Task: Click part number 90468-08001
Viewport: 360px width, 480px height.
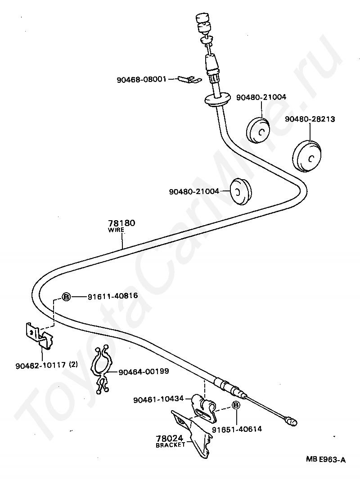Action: click(141, 79)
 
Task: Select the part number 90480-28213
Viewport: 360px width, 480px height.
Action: click(310, 119)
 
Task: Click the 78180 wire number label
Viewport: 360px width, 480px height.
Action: click(122, 223)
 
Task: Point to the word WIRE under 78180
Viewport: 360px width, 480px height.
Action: click(116, 230)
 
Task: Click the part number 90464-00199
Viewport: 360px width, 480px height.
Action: click(144, 372)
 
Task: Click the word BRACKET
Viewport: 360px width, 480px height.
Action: click(171, 445)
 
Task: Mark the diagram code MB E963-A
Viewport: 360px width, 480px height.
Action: click(326, 459)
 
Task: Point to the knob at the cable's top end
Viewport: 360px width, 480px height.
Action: click(202, 20)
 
